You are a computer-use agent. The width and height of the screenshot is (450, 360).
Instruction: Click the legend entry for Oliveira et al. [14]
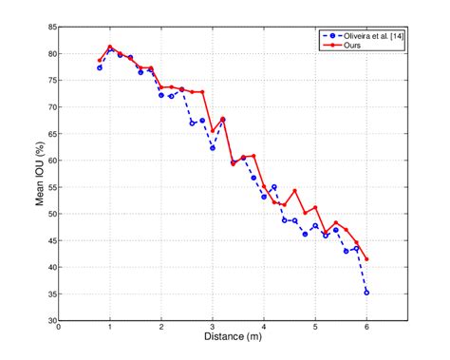click(x=365, y=35)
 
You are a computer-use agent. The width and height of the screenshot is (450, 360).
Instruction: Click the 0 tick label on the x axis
click(x=59, y=328)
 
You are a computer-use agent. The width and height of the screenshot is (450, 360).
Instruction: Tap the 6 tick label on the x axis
click(x=366, y=328)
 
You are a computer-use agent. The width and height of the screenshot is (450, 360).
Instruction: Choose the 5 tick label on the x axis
click(x=315, y=328)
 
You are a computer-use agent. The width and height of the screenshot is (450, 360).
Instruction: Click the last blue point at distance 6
click(x=366, y=292)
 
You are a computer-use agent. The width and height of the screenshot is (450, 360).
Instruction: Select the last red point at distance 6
click(x=366, y=259)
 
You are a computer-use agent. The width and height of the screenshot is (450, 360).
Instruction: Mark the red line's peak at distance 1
click(x=110, y=47)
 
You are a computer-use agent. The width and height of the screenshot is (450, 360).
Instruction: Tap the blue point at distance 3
click(x=213, y=148)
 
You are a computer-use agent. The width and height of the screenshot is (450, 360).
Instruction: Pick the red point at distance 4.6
click(x=294, y=190)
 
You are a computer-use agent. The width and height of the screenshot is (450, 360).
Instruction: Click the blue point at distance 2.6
click(x=192, y=123)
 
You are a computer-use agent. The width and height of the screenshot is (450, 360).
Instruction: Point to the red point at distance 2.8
click(x=202, y=92)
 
